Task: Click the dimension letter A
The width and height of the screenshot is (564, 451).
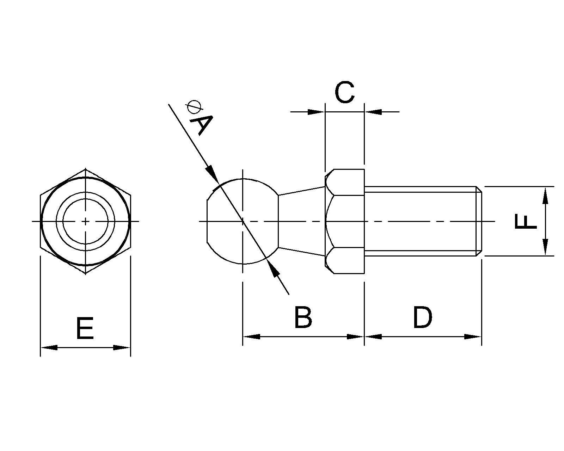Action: click(201, 125)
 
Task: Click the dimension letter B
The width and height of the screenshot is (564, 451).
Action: click(303, 317)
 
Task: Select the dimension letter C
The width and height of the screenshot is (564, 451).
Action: click(345, 92)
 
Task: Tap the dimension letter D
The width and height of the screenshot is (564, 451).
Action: click(423, 317)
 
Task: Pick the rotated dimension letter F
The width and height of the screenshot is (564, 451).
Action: click(526, 221)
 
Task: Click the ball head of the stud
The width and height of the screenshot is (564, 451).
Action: click(243, 221)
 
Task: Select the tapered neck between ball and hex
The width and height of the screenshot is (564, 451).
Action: click(302, 221)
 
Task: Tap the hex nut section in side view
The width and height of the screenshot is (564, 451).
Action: click(345, 221)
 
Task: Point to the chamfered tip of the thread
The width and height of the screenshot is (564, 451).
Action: click(479, 221)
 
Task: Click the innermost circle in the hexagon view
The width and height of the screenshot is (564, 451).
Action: click(85, 221)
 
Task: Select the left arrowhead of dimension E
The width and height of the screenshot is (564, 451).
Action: click(49, 348)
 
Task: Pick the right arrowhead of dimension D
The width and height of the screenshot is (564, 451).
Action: click(473, 336)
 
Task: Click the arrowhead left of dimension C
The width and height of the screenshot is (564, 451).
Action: click(316, 112)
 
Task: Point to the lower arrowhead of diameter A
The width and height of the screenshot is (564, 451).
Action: click(274, 270)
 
